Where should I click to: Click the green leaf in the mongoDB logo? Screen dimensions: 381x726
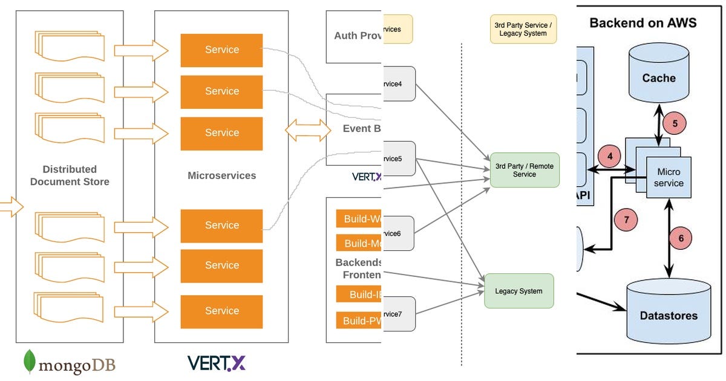coord(28,361)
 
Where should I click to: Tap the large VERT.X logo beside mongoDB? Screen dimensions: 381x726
coord(216,362)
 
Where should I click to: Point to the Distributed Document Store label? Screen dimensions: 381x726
coord(70,175)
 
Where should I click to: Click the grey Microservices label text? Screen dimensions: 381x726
coord(222,175)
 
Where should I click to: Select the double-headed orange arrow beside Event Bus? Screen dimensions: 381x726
coord(308,130)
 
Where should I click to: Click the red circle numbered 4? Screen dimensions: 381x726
coord(609,155)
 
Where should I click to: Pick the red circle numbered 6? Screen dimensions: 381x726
coord(681,238)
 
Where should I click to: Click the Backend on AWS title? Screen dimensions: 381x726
coord(643,23)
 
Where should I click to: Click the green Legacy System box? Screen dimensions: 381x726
coord(518,291)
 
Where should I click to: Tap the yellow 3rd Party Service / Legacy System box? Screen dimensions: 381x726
coord(523,29)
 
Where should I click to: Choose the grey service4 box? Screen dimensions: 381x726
coord(398,83)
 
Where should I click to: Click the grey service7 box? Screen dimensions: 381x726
coord(398,314)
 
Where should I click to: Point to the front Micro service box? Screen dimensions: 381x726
coord(669,178)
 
